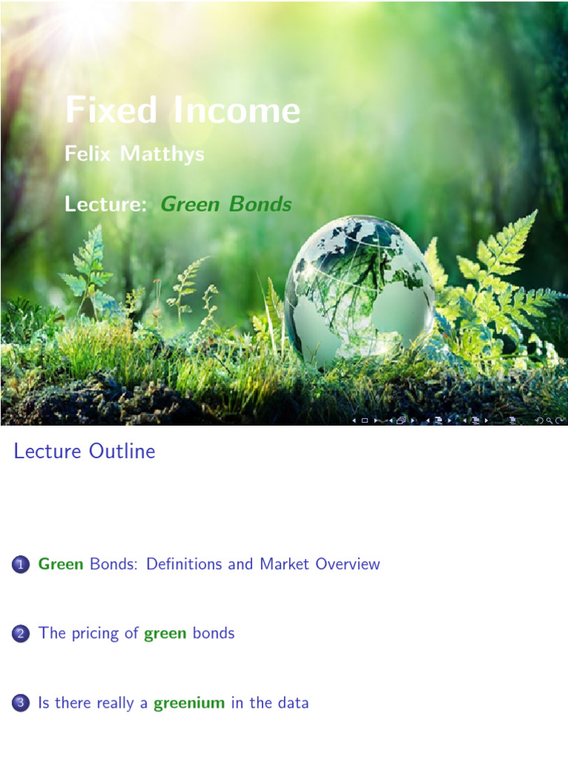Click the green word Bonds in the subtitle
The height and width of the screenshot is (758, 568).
pos(260,204)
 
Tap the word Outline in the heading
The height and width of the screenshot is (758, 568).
pos(122,451)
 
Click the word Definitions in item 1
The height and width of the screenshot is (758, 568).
pos(184,564)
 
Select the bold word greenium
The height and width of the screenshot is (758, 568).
pos(189,703)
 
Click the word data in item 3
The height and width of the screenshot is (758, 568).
pos(293,702)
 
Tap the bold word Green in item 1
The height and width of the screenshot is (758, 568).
pos(61,564)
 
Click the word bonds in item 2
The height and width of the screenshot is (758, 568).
pos(213,633)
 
